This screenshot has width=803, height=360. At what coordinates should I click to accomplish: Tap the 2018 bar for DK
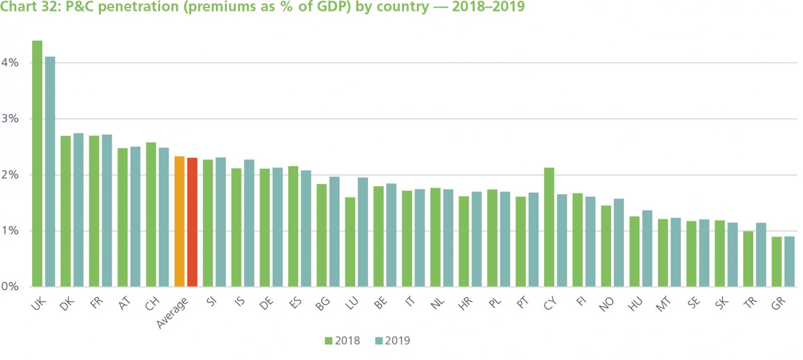click(66, 211)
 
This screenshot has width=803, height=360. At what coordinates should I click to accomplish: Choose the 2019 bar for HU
click(647, 249)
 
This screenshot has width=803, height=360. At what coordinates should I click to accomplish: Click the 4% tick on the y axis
click(10, 63)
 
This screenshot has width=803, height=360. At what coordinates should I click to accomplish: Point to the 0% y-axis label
click(10, 286)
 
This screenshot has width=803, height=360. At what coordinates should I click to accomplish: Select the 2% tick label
click(10, 175)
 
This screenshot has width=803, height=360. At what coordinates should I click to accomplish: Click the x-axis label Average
click(173, 313)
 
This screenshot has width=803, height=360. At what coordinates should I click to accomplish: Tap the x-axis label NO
click(606, 304)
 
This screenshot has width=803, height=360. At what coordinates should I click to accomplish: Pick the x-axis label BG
click(323, 303)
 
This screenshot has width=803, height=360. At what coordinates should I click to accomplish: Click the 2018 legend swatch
click(329, 341)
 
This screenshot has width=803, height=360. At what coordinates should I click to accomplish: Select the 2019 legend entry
click(392, 341)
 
